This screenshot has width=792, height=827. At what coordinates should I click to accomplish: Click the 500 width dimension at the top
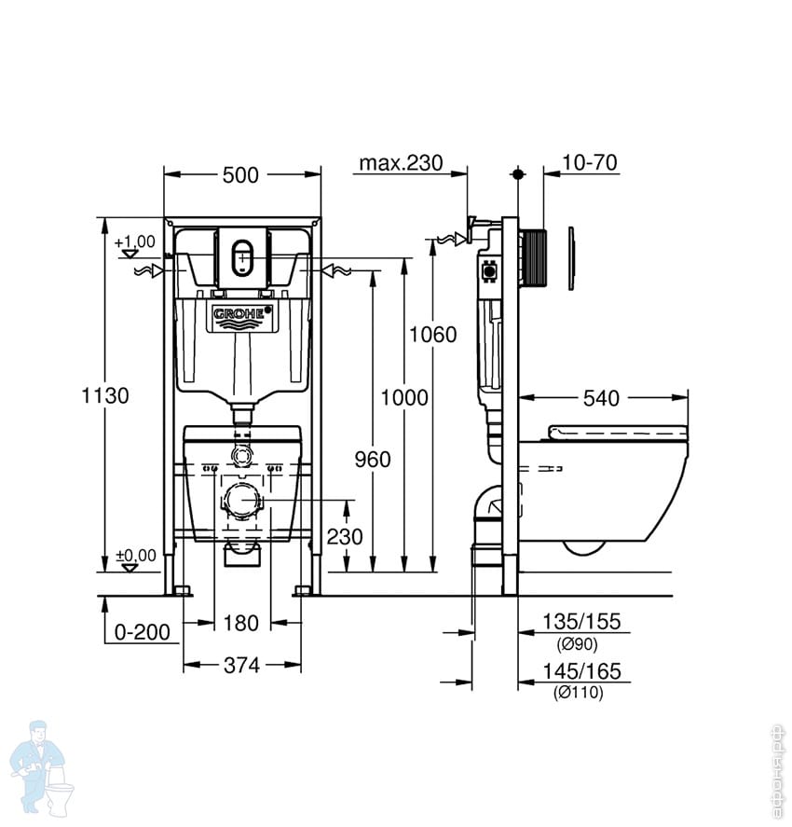pos(242,174)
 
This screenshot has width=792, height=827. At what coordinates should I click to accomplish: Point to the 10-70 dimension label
pos(590,163)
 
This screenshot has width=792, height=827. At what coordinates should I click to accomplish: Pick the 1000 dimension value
pos(404,398)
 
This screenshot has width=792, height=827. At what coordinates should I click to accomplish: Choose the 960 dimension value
pos(372,459)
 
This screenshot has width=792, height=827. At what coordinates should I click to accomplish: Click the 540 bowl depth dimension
pos(601,399)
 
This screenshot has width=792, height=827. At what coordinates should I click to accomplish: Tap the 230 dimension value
pos(346,536)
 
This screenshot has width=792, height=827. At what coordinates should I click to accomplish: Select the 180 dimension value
pos(241,623)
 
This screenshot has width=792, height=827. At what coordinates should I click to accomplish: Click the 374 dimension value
pos(241,665)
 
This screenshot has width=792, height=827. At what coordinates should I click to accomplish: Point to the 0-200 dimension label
pos(143,633)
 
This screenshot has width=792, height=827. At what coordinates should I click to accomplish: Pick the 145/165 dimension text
pos(582,671)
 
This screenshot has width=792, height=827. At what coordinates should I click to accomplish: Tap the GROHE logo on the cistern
pos(241,315)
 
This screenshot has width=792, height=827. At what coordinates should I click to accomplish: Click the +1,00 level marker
pos(134,241)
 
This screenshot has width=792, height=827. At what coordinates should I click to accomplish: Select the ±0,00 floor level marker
pos(134,557)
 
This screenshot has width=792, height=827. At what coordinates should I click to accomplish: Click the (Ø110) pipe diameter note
pos(580,693)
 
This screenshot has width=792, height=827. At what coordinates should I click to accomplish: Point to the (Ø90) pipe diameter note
pos(577,644)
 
